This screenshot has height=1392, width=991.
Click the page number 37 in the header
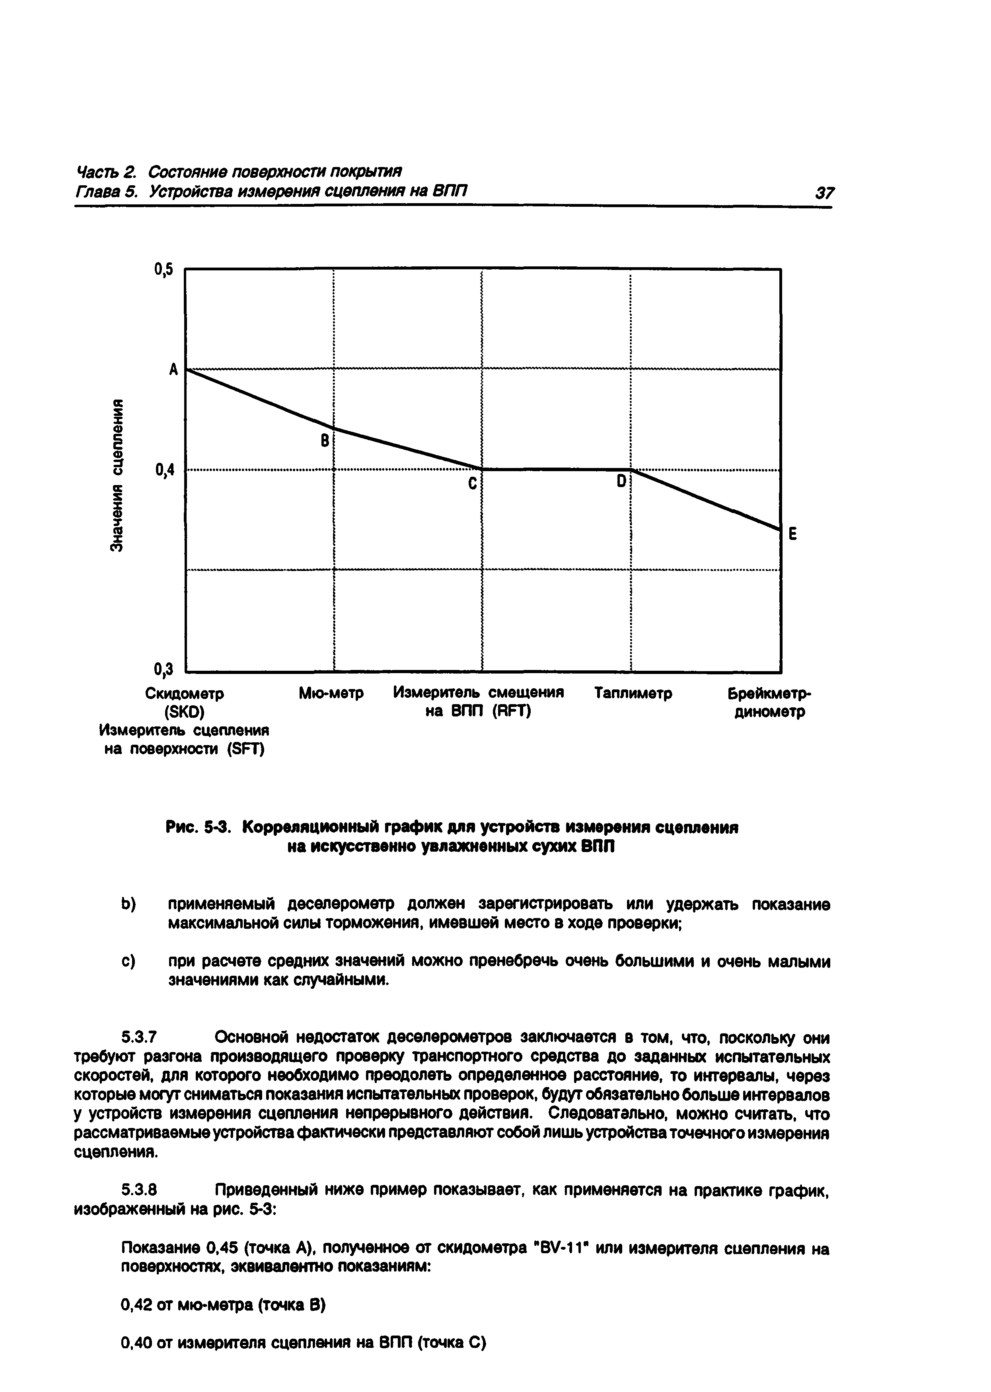click(x=824, y=194)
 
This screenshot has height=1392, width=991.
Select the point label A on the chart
click(x=174, y=369)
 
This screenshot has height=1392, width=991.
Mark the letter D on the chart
click(x=621, y=481)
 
